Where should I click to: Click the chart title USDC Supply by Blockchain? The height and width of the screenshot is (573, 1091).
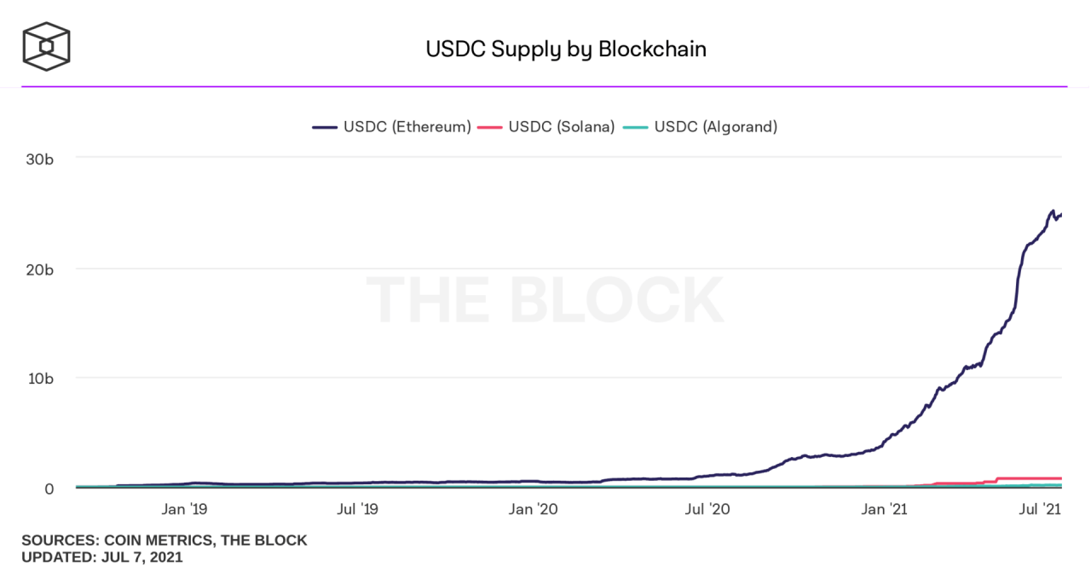coord(566,49)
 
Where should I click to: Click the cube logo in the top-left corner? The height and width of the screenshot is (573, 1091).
coord(46,46)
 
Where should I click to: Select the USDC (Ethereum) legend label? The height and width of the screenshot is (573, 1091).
coord(407,127)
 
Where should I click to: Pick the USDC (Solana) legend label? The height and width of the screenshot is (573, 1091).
coord(562,127)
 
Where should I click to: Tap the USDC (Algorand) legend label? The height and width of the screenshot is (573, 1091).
coord(716,127)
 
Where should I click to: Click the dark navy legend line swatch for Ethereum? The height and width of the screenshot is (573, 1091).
coord(326,127)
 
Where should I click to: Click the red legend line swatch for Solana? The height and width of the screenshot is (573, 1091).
coord(489,127)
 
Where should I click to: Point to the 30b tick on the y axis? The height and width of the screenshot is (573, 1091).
coord(41,159)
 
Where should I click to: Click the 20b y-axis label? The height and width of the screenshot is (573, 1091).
coord(41,269)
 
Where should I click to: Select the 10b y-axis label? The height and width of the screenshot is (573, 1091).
coord(41,378)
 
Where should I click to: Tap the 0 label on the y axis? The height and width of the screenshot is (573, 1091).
coord(49,489)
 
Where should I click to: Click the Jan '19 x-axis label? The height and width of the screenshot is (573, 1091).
coord(185,510)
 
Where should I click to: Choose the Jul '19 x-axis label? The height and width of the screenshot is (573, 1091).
coord(358,510)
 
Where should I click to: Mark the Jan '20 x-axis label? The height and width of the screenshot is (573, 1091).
coord(533,510)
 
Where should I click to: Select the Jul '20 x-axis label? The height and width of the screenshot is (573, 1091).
coord(707,510)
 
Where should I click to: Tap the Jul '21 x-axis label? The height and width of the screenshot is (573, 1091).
coord(1041,510)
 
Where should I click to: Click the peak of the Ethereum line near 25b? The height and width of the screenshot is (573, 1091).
coord(1053,211)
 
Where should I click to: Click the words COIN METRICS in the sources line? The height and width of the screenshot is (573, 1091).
coord(152,541)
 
